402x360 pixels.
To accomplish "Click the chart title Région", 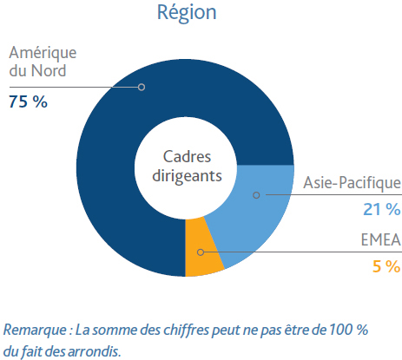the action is (187, 13).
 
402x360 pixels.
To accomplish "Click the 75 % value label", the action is (28, 101).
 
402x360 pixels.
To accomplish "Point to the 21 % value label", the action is (382, 209).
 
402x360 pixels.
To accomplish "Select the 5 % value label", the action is (386, 266).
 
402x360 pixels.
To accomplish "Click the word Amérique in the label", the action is (43, 54).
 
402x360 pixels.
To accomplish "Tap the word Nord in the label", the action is (49, 70).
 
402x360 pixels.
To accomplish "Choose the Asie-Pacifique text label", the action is (352, 183).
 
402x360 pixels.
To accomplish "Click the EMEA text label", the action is (381, 239).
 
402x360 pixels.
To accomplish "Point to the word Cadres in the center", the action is (187, 157).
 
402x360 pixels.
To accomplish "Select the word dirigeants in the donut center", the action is (187, 176).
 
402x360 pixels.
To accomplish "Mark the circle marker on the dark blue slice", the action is (142, 87).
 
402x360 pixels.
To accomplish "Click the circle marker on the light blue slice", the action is (256, 195).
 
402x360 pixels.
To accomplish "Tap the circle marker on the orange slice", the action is (201, 252).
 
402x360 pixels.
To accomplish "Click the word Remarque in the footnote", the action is (35, 331).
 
